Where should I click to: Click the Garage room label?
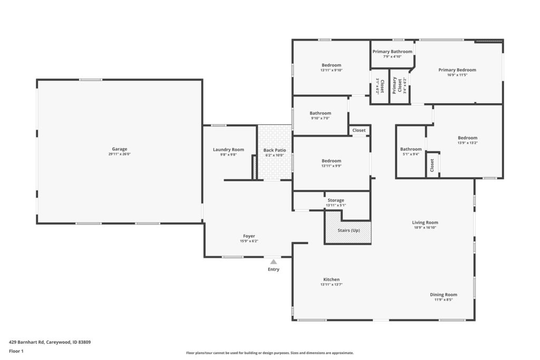[120, 149]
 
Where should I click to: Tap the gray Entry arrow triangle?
[274, 262]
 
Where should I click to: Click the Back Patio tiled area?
[275, 152]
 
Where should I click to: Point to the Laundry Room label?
[228, 149]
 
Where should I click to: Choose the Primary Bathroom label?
[392, 52]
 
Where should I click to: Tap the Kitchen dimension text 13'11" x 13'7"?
[331, 285]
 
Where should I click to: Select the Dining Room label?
[443, 295]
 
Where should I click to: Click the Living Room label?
[425, 222]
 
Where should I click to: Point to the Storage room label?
[336, 200]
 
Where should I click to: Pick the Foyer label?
[249, 236]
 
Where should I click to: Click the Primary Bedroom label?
[457, 70]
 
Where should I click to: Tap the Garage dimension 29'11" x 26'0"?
[120, 154]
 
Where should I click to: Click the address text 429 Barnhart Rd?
[26, 342]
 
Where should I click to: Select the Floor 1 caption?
[16, 351]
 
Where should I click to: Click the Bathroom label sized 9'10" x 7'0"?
[320, 113]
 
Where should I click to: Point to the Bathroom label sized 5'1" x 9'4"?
[411, 149]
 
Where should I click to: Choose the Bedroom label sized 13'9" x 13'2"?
[467, 138]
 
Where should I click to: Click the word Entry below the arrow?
[274, 269]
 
